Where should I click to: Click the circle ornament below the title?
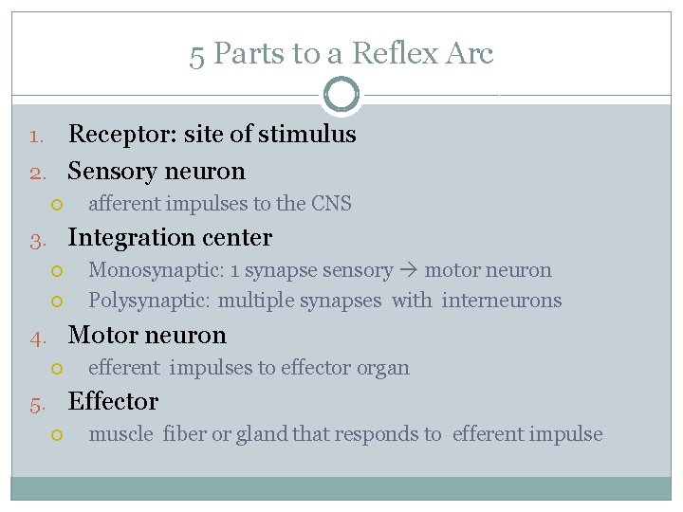click(341, 95)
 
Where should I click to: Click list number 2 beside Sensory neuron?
click(36, 173)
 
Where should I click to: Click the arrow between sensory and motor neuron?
click(408, 271)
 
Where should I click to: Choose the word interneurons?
click(502, 301)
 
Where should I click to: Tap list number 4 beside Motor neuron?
click(36, 337)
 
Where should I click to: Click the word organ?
click(382, 368)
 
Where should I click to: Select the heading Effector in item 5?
click(113, 402)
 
